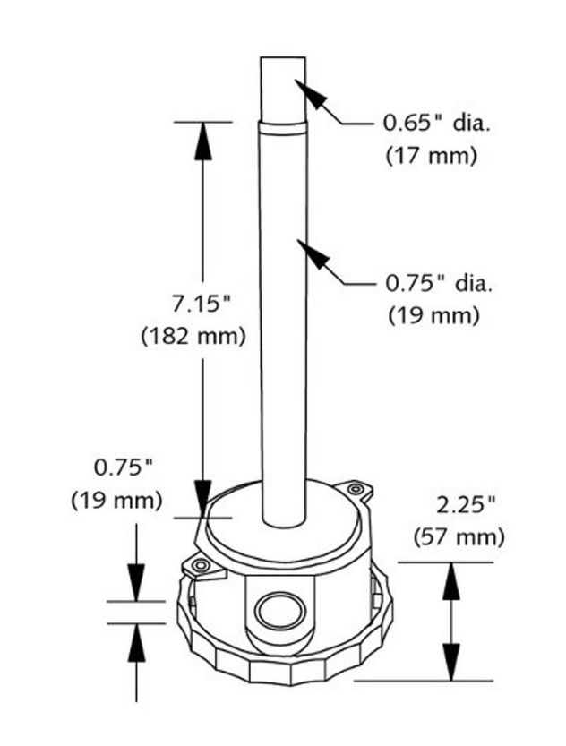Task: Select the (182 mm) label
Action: coord(193,337)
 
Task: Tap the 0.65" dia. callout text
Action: coord(437,124)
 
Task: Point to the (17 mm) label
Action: coord(431,156)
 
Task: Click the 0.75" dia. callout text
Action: coord(439,284)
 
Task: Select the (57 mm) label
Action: coord(459,537)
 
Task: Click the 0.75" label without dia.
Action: coord(124,467)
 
